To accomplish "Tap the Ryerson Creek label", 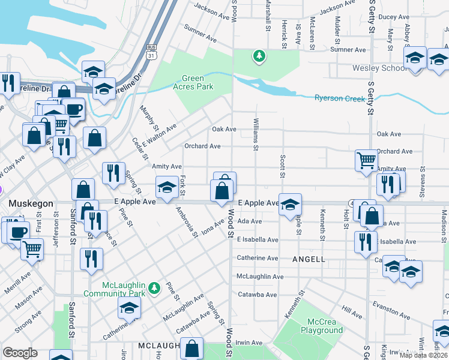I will click(x=340, y=98).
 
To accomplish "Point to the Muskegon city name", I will click(x=31, y=204).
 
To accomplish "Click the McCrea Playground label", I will click(x=322, y=326).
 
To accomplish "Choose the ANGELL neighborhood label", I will click(x=309, y=259).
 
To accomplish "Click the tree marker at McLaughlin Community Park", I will click(x=154, y=289).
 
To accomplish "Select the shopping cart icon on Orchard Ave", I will click(x=366, y=160).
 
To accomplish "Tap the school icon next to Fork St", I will click(x=166, y=187).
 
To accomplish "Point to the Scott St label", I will click(x=282, y=166).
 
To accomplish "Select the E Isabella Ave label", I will click(x=258, y=240).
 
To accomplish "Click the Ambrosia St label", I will click(x=186, y=222).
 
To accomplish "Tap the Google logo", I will click(x=20, y=353).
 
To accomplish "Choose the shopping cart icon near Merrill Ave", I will click(x=32, y=248).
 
